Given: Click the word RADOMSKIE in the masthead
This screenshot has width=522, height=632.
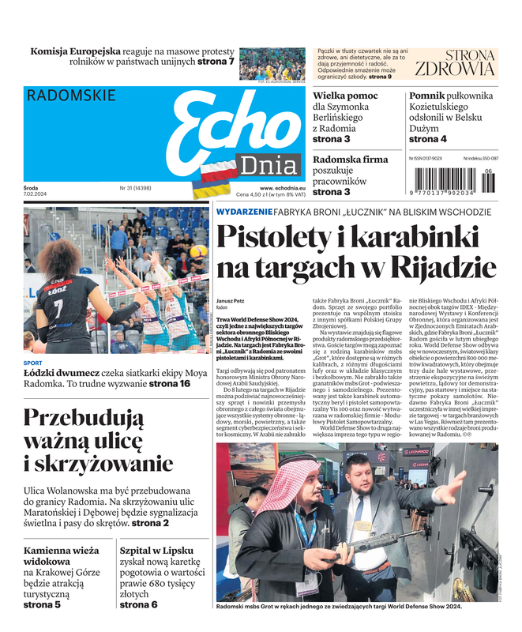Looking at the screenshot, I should (71, 96).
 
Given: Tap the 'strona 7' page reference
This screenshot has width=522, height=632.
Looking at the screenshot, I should (216, 62).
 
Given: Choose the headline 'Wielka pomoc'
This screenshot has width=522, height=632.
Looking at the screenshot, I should (345, 96).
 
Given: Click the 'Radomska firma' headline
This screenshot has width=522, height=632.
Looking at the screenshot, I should (351, 160).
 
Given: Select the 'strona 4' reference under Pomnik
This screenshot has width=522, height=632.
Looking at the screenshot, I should (427, 139).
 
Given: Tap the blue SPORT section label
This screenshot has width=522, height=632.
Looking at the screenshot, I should (33, 363).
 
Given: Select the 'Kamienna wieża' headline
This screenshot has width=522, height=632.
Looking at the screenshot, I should (61, 550).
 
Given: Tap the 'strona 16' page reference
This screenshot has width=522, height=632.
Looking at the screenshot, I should (170, 384).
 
